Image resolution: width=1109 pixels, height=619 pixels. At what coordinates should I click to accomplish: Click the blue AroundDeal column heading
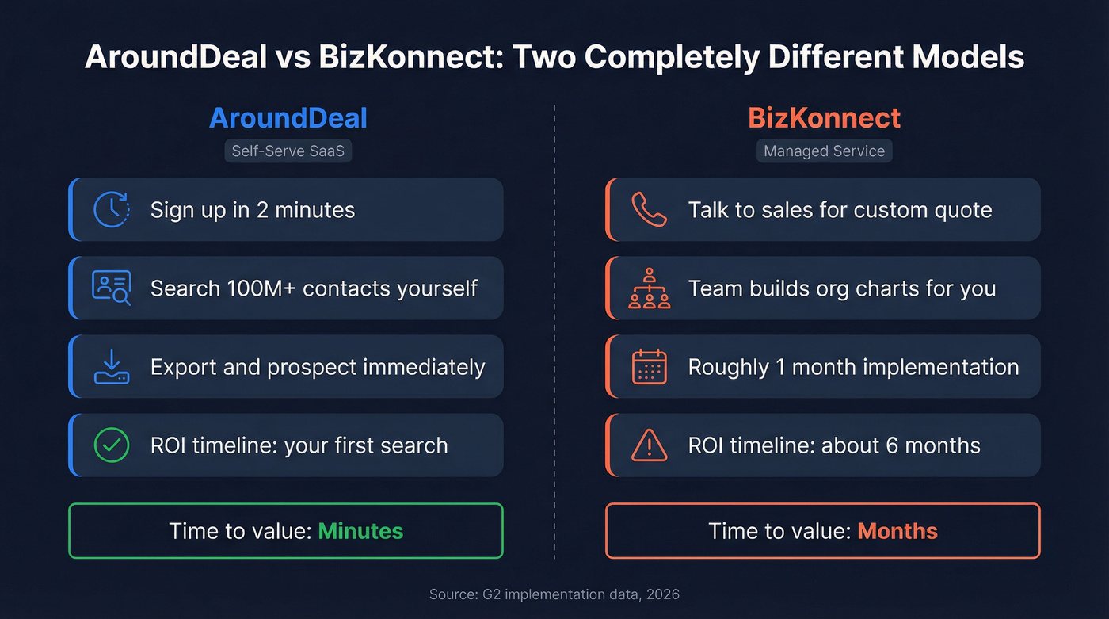288,119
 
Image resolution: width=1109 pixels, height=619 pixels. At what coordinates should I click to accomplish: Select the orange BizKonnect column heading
824,119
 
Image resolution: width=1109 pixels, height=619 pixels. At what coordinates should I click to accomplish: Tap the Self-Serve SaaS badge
288,151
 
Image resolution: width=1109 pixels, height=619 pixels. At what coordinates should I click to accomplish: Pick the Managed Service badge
824,151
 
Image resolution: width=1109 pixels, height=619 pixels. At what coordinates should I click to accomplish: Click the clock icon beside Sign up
111,209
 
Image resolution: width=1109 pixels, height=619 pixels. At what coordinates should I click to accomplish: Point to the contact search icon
111,288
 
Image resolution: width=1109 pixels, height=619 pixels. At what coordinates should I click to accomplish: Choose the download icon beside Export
111,366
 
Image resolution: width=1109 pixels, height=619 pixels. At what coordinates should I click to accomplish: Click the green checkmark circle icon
111,445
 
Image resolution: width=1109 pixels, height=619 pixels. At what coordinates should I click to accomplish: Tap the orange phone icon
649,209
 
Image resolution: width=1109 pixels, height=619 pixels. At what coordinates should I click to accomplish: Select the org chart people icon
649,288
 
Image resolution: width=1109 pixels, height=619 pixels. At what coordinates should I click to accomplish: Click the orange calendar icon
649,366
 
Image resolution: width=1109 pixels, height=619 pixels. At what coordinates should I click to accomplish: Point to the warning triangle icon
649,445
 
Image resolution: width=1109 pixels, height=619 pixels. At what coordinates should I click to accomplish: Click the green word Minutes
360,531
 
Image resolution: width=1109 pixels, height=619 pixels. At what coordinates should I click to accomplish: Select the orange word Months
897,531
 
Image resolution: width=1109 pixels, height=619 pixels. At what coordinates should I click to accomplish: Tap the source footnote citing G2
554,594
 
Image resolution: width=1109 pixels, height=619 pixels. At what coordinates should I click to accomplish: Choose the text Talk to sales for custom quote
840,210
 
